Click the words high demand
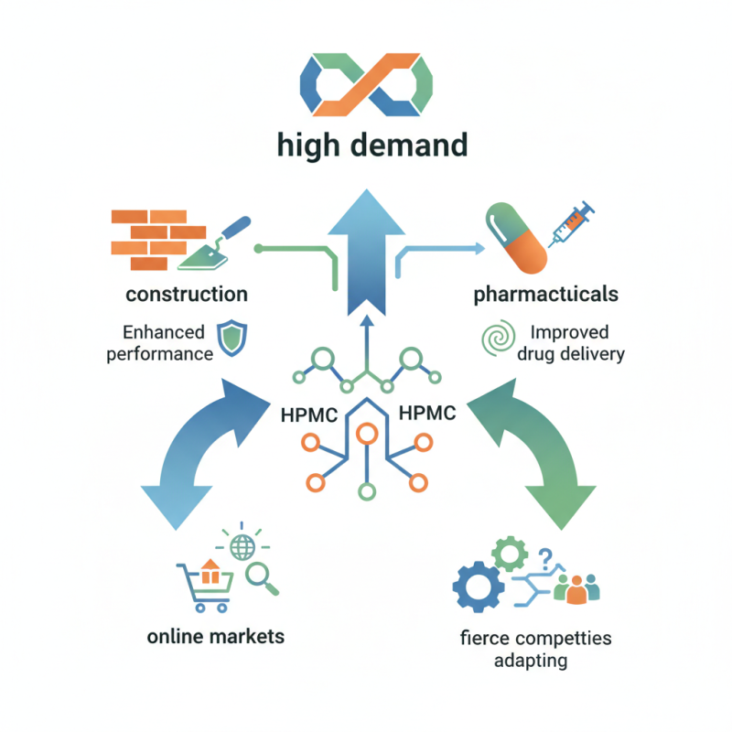[366, 144]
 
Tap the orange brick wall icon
[143, 240]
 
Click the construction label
[187, 295]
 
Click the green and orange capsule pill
[516, 239]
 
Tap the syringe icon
[571, 223]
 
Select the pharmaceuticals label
[545, 295]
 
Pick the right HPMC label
[426, 413]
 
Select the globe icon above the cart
[242, 546]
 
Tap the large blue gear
[479, 587]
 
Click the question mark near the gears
[546, 556]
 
